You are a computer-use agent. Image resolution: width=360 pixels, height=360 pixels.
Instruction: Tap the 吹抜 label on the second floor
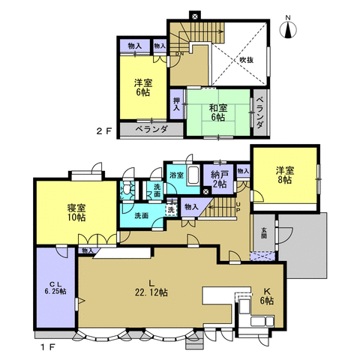[x=247, y=59]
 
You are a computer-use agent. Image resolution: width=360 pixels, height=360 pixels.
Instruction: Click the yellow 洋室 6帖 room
[x=142, y=87]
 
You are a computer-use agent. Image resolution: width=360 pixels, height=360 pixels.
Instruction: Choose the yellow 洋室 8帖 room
[x=283, y=175]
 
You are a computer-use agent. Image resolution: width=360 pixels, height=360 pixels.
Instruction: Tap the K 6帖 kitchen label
[x=267, y=296]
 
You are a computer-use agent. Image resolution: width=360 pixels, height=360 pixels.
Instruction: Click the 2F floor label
[x=103, y=130]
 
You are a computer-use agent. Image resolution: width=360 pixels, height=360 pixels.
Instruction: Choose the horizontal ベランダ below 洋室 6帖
[x=154, y=129]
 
